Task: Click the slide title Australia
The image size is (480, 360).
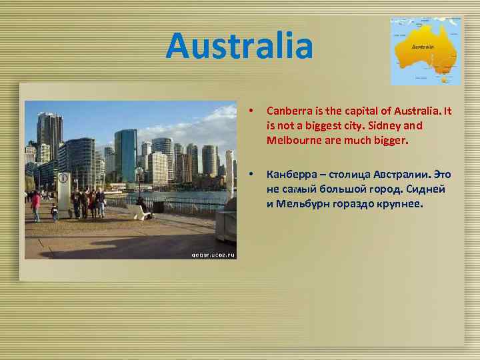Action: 239,45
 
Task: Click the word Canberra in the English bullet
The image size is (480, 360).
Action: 288,110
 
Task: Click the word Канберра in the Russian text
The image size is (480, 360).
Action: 292,175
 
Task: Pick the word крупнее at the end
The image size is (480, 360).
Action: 400,204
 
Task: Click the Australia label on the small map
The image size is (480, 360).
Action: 423,47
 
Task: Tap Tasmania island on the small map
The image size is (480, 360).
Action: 444,79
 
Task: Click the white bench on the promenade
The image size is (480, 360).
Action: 140,211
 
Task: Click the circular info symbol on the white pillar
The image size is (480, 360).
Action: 63,178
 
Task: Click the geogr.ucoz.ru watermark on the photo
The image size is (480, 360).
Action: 213,254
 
